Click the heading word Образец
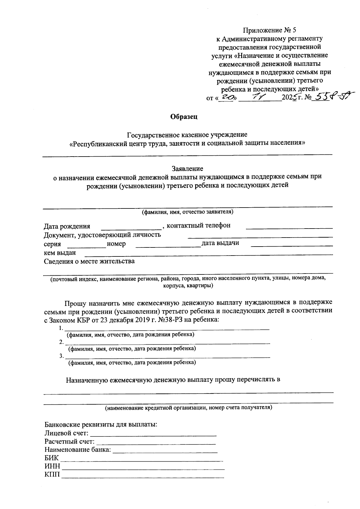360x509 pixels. (184, 117)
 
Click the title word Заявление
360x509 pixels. (187, 169)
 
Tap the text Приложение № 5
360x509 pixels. (269, 30)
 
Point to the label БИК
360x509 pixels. (52, 458)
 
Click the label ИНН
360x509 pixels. (52, 466)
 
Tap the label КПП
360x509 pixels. (52, 475)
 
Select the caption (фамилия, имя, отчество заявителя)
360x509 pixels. (187, 212)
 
